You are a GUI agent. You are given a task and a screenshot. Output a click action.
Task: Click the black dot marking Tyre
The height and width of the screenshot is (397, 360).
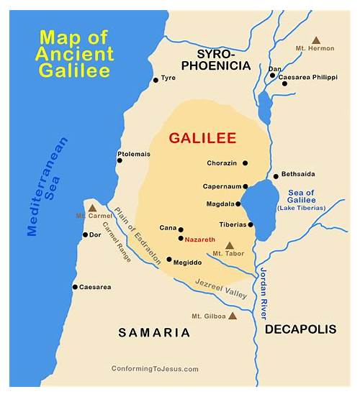[155, 80]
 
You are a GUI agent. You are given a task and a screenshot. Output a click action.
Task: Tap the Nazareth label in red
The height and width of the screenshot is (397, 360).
[199, 238]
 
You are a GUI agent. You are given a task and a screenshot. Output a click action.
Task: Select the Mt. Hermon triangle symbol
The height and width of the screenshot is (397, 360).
[315, 40]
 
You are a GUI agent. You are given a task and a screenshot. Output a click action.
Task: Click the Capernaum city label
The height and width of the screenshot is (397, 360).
[221, 186]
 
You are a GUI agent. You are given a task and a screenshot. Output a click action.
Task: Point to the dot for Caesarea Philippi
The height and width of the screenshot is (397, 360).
[284, 83]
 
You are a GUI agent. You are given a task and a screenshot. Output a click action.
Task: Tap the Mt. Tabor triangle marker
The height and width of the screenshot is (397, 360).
[230, 245]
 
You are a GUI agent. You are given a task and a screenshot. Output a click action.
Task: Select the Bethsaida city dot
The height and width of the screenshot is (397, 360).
[276, 176]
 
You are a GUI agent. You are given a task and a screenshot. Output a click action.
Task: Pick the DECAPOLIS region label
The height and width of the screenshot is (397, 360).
[300, 329]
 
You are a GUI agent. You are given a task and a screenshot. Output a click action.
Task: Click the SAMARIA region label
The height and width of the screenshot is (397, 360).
[156, 332]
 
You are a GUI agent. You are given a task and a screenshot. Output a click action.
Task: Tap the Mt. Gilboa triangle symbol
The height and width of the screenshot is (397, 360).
[232, 315]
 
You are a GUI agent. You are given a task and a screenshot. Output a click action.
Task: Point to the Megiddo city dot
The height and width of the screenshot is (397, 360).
[169, 260]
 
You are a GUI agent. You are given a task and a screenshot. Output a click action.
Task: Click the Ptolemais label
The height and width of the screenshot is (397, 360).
[135, 153]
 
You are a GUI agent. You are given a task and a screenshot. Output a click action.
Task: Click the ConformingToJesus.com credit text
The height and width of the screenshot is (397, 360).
[155, 368]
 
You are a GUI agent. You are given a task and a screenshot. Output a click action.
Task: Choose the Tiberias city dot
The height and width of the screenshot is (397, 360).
[251, 224]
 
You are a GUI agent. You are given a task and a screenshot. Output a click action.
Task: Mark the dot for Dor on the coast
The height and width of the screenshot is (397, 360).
[84, 234]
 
